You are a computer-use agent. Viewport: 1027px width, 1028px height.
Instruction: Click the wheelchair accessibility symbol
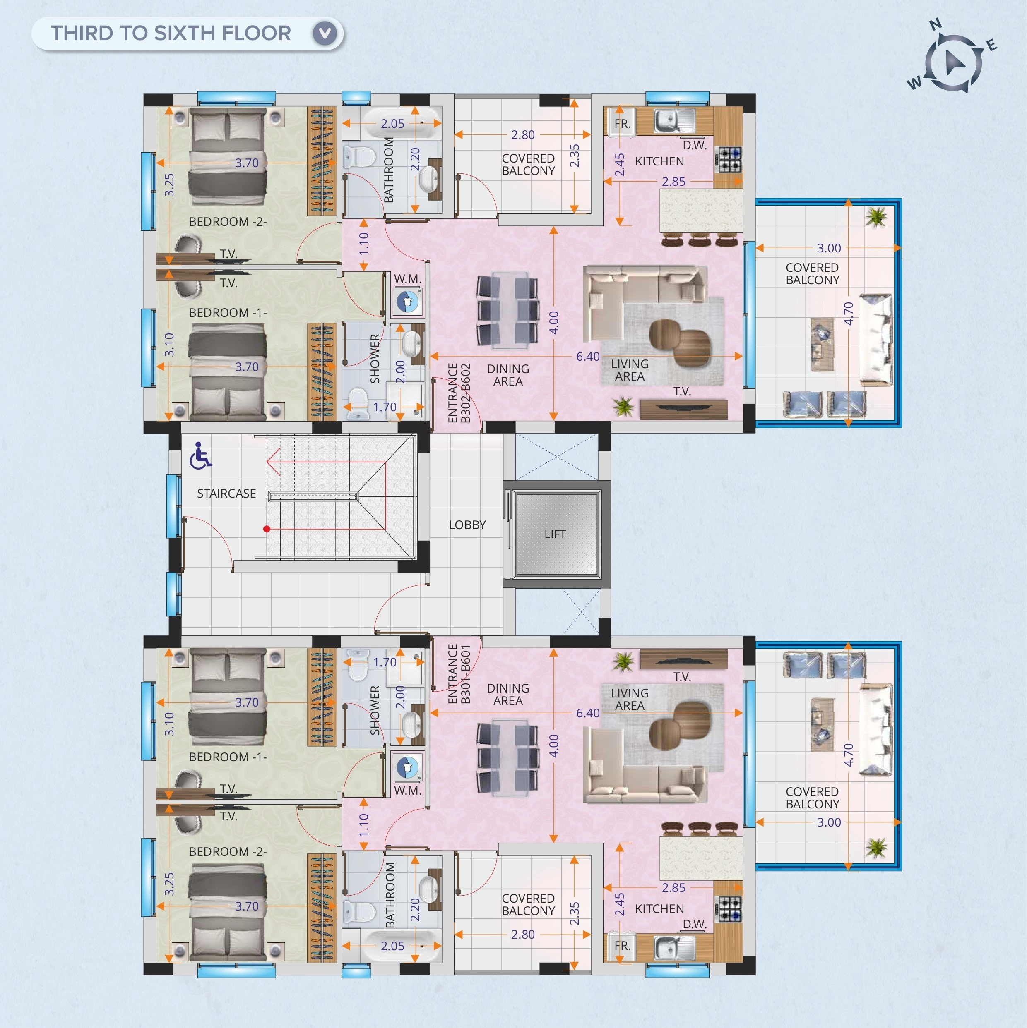[x=201, y=455]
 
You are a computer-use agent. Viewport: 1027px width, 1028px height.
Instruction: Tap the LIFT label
[x=555, y=534]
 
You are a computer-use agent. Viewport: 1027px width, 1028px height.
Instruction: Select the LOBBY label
[x=467, y=525]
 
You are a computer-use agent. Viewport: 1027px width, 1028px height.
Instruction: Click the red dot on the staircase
[x=267, y=529]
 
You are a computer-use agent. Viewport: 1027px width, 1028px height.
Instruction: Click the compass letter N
[x=936, y=24]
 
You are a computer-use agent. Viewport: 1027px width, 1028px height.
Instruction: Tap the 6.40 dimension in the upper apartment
[x=588, y=357]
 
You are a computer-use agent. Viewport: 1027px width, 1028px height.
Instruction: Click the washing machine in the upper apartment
[x=408, y=302]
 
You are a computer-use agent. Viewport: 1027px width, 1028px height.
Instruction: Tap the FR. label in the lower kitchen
[x=623, y=946]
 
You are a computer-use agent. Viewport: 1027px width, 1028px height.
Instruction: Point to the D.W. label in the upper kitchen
[x=695, y=145]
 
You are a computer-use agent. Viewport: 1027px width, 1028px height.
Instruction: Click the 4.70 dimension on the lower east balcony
[x=849, y=755]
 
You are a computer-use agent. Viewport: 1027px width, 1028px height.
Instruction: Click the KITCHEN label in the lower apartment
[x=660, y=909]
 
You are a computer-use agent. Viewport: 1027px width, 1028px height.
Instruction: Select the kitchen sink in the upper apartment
[x=675, y=121]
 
